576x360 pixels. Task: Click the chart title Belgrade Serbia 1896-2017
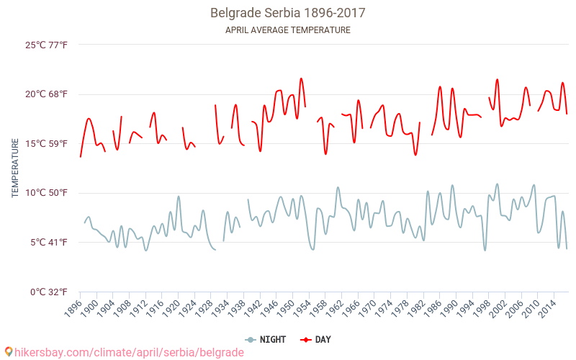(288, 13)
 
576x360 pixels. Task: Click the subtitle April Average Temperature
(288, 30)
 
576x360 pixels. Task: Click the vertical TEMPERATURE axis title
(15, 169)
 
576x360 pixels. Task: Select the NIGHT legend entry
(266, 339)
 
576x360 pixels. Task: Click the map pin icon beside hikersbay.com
(9, 352)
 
